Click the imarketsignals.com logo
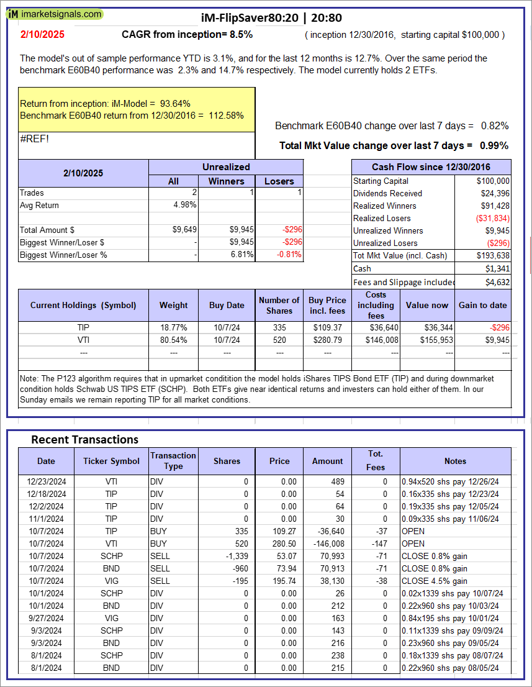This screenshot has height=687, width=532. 55,14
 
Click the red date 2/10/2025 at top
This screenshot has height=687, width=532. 41,35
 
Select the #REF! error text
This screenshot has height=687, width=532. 34,139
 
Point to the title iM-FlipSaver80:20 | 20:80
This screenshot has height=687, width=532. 271,17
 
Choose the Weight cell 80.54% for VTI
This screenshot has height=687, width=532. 174,340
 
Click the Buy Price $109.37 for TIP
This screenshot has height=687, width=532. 328,327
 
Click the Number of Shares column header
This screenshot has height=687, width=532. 279,305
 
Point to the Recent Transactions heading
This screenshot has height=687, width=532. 85,439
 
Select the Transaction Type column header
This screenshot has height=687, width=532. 173,461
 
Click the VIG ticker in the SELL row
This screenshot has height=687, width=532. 112,581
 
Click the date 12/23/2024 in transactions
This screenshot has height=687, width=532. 46,481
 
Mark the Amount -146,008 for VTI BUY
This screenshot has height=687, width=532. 328,544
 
